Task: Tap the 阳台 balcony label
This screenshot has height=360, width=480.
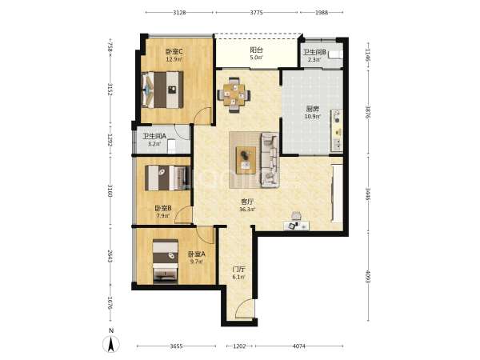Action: (256, 50)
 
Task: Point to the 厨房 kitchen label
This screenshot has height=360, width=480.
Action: (313, 109)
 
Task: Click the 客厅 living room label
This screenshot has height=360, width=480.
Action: (248, 202)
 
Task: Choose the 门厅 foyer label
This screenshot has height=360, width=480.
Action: (238, 270)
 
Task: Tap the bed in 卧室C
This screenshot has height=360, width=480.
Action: (162, 90)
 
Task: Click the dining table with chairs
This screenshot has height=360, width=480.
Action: (234, 95)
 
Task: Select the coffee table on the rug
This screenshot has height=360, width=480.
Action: (246, 160)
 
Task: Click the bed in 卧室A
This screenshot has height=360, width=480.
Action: (166, 261)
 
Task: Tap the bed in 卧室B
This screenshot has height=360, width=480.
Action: (167, 178)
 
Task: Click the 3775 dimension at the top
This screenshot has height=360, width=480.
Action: (256, 13)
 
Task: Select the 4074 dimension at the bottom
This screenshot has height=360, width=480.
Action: (299, 346)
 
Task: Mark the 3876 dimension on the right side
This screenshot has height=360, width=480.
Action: (368, 113)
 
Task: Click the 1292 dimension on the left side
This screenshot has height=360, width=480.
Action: (110, 141)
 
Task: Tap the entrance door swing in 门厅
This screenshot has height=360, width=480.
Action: (245, 309)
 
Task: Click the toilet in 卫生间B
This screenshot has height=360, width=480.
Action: (335, 54)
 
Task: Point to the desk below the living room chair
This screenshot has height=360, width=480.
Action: (296, 226)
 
